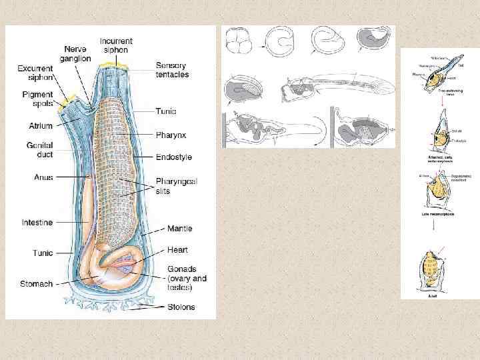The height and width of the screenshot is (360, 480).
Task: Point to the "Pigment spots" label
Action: tap(37, 99)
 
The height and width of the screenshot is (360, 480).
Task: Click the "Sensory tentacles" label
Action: tap(172, 70)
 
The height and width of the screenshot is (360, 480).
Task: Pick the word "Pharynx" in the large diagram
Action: tap(171, 135)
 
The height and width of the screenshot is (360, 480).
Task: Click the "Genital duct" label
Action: tap(40, 150)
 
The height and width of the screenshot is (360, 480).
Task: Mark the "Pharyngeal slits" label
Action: tap(176, 186)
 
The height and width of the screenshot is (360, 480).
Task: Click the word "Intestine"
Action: tap(37, 221)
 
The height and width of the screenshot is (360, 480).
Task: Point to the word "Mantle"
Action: tap(179, 229)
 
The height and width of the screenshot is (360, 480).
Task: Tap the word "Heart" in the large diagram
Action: tap(177, 250)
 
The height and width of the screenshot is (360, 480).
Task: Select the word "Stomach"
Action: tap(36, 284)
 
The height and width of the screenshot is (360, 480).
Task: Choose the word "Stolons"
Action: tap(180, 308)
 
